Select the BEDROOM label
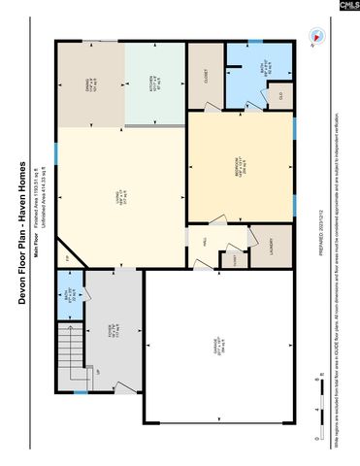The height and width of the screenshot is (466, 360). pyautogui.click(x=241, y=168)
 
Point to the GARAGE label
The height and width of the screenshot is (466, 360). pyautogui.click(x=216, y=347)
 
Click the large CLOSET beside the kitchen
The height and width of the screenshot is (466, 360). pyautogui.click(x=205, y=78)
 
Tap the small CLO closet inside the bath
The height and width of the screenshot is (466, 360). pyautogui.click(x=280, y=95)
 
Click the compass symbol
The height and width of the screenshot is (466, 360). pyautogui.click(x=313, y=37)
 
